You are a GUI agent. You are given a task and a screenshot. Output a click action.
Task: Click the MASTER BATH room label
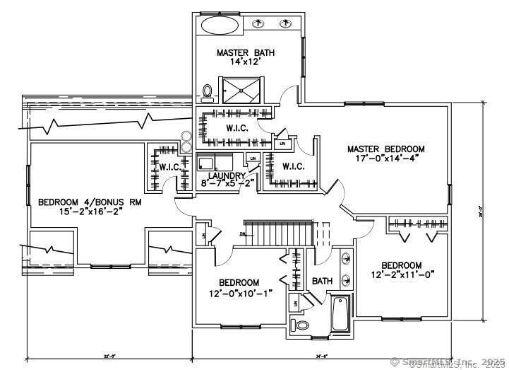tap(245, 52)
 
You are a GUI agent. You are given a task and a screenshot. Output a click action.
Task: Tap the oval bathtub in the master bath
tap(221, 25)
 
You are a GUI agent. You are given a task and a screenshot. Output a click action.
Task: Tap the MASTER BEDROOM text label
tap(385, 149)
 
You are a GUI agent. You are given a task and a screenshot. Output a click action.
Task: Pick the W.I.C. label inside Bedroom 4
tap(169, 167)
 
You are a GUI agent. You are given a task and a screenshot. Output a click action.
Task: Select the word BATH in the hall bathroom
tap(323, 281)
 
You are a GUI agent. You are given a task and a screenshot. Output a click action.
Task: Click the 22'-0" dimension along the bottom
tap(109, 357)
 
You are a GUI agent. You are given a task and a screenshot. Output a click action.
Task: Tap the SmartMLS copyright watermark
tap(448, 362)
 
